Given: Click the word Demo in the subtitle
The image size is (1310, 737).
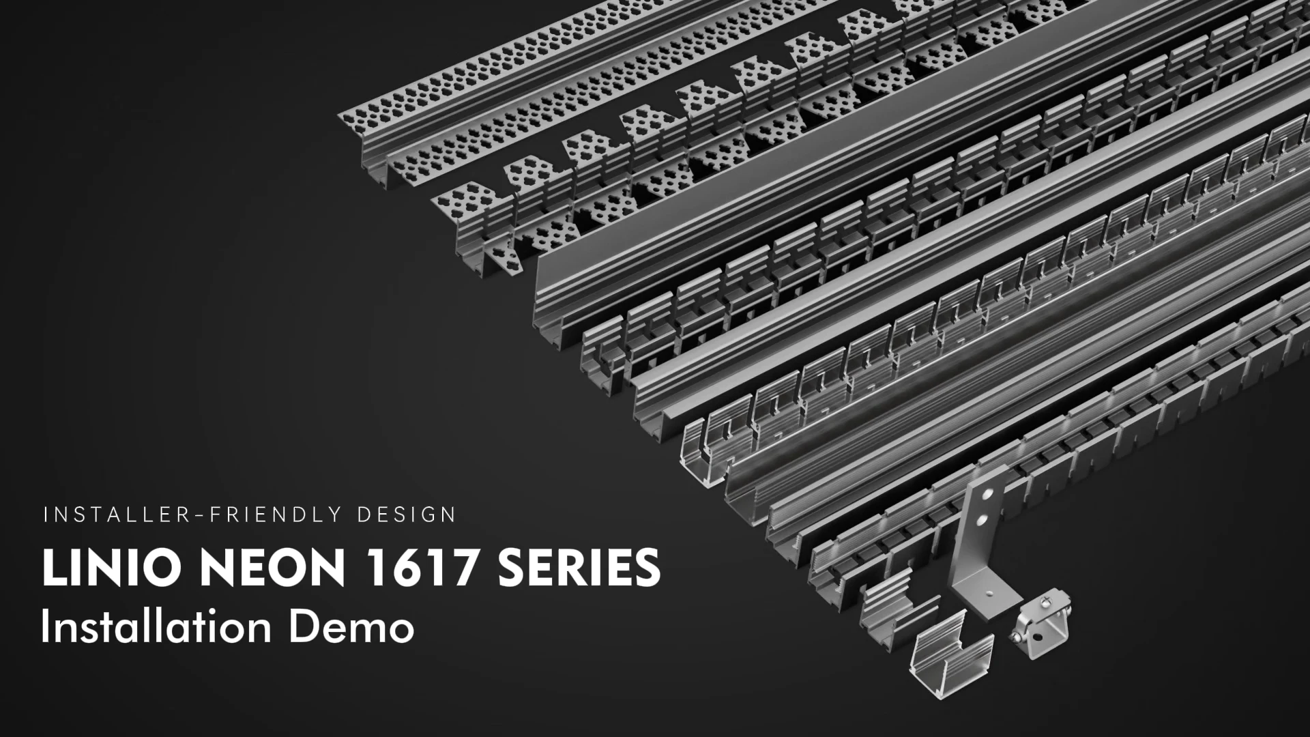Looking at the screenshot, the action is pos(352,626).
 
